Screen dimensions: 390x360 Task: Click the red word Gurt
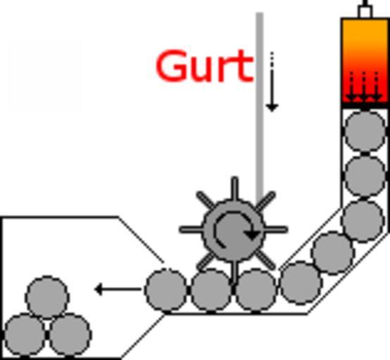point(204,66)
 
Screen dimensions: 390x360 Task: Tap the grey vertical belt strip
point(260,107)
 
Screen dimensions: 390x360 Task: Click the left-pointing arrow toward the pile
point(118,289)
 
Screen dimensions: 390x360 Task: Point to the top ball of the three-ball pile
point(47,297)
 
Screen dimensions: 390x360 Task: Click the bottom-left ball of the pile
point(25,335)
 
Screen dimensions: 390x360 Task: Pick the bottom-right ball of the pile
point(70,335)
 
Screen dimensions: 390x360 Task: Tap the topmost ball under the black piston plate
point(365,131)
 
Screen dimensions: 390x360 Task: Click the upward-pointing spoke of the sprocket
point(234,188)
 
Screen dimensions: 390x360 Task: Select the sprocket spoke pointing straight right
point(275,229)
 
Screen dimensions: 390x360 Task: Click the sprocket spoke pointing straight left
point(191,229)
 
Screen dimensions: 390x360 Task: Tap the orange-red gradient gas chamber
point(365,60)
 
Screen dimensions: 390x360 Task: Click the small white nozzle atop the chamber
point(365,11)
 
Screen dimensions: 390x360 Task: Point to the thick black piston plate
point(365,105)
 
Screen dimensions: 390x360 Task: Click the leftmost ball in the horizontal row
point(166,290)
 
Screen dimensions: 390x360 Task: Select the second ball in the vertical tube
point(365,176)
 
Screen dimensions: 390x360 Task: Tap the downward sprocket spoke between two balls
point(234,271)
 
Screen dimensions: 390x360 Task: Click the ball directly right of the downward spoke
point(256,290)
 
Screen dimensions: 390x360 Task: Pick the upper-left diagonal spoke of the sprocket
point(206,200)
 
